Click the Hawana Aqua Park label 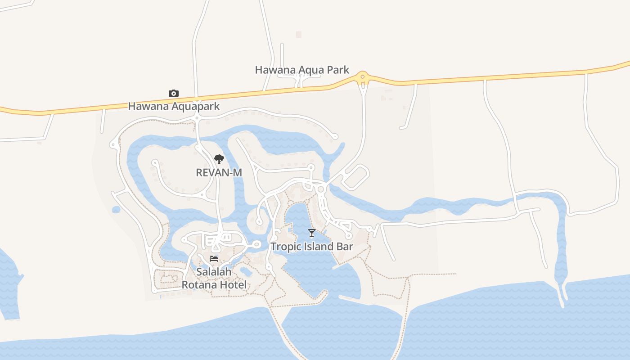tap(302, 70)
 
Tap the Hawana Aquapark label tap(174, 106)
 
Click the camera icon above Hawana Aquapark tap(174, 93)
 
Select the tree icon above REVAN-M tap(219, 159)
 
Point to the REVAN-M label tap(219, 172)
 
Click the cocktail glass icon tap(311, 233)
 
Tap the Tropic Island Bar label tap(311, 247)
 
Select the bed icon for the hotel tap(214, 259)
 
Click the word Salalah tap(214, 272)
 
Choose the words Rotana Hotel tap(214, 285)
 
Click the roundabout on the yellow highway tap(362, 77)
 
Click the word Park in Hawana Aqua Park tap(339, 70)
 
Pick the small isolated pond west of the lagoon tap(116, 210)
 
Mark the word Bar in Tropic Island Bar tap(345, 247)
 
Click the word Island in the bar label tap(318, 247)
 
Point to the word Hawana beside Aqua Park tap(271, 70)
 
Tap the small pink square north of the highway tap(298, 34)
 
